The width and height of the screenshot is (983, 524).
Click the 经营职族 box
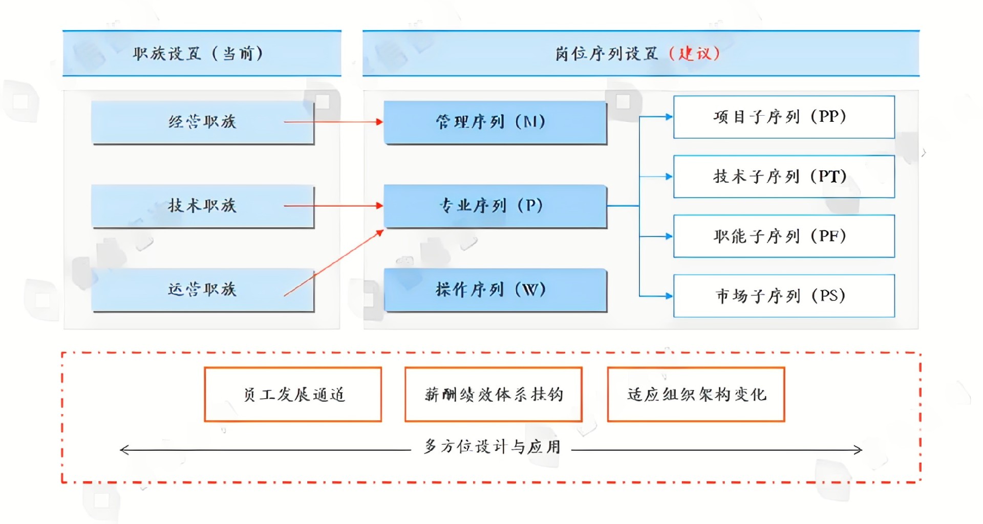203,122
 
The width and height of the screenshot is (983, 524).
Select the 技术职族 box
203,206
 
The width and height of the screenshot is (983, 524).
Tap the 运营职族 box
203,290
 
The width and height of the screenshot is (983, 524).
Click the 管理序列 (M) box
495,122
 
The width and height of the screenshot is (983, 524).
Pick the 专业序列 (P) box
495,206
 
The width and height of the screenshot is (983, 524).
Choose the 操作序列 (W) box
495,290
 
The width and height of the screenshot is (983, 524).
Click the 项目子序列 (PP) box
783,117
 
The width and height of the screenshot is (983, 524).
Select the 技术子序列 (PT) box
783,177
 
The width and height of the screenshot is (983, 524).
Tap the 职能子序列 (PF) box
783,236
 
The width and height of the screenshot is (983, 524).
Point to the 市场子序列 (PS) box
783,296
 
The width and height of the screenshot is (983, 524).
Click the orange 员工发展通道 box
293,394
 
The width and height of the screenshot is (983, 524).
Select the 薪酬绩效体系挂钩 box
493,394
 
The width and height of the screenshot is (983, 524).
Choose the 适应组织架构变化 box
696,394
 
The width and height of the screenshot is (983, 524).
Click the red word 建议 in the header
695,53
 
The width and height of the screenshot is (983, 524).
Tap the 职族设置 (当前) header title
198,53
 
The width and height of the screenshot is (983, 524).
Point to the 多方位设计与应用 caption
492,447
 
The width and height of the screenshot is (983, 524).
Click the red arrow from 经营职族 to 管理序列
333,122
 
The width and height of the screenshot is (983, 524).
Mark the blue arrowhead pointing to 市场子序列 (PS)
669,296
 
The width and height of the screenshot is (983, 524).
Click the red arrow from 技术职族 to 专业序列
333,206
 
